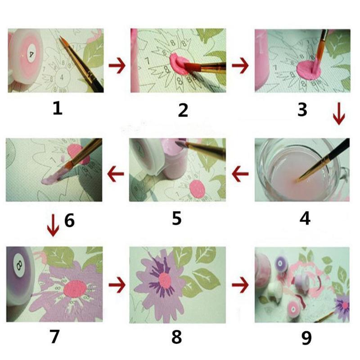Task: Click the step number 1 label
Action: point(57,108)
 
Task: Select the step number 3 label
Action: point(302,109)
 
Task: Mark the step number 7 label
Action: point(54,337)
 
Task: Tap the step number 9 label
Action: point(306,337)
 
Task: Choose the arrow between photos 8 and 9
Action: point(240,284)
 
